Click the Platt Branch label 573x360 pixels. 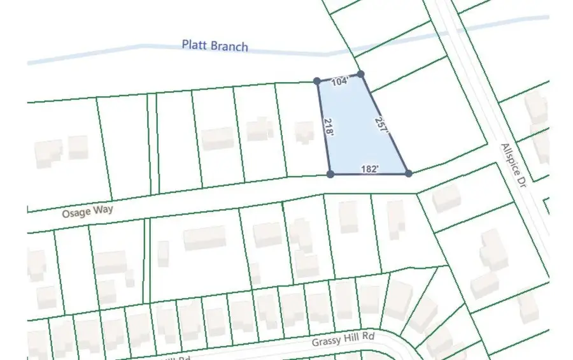pos(215,46)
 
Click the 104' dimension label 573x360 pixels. pos(341,82)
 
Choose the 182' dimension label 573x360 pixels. pos(370,169)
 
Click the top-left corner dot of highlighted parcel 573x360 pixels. pos(317,81)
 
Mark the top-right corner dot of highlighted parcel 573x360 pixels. pos(360,75)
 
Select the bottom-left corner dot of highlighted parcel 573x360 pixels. pos(330,173)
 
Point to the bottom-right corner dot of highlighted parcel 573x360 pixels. pos(408,173)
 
